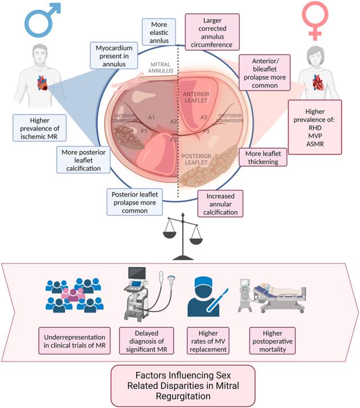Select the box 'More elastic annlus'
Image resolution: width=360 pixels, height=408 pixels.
tap(159, 32)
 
